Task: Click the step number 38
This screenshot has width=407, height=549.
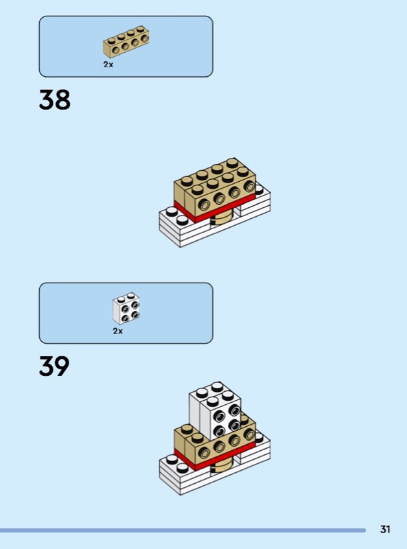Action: point(55,100)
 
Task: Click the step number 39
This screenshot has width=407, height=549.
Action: point(54,366)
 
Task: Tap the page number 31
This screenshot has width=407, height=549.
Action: point(385,529)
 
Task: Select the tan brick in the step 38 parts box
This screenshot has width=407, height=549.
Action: point(126,42)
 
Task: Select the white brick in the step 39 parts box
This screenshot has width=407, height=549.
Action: point(126,308)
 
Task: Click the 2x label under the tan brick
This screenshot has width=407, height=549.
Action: point(108,65)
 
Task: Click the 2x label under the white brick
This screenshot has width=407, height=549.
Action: point(118,331)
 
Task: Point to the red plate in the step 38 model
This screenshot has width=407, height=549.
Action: point(213,209)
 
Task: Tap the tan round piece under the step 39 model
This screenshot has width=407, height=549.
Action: point(221,467)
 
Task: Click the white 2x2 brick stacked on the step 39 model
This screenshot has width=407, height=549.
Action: point(215,410)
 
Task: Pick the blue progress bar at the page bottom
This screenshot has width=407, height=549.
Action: point(183,530)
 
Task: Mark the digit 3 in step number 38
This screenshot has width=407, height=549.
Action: point(47,100)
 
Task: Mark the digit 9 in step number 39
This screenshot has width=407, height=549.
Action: point(62,366)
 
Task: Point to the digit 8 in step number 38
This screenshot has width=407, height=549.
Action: point(63,100)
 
